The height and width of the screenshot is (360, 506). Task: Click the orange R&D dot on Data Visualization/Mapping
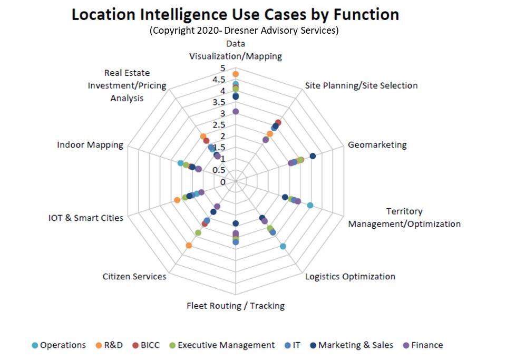tap(236, 74)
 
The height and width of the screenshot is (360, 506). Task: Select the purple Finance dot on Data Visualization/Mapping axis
tap(236, 111)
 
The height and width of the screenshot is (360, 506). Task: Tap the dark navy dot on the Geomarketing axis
tap(313, 155)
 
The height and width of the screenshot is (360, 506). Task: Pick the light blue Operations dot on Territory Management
tap(310, 206)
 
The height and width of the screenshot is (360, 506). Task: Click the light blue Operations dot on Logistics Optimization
tap(283, 246)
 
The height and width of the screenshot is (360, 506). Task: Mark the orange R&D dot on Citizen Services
tap(189, 246)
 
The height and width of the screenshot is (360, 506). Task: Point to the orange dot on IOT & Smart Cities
tap(177, 200)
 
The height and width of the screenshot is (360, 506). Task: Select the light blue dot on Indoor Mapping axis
tap(180, 163)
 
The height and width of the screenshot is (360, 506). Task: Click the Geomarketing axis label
tap(377, 145)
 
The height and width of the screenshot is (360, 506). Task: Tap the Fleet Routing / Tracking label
tap(236, 306)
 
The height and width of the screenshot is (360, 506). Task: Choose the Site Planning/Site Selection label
tap(362, 85)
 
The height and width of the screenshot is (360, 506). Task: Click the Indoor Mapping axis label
tap(90, 145)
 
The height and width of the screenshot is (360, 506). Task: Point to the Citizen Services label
tap(134, 277)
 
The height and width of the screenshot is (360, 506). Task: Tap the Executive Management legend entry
tap(226, 345)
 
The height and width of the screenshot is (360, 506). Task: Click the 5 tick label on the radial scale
tap(222, 69)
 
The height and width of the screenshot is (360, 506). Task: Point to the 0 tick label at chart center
tap(222, 182)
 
